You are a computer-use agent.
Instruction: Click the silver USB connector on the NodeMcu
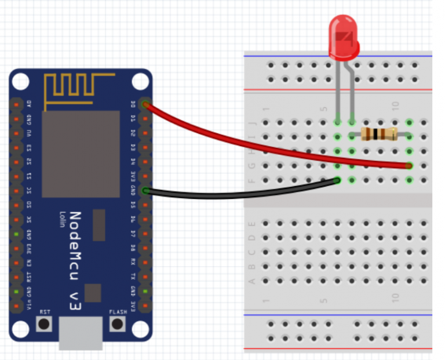[81, 333]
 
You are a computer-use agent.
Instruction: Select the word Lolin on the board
[61, 220]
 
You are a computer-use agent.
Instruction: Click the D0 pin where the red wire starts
[145, 104]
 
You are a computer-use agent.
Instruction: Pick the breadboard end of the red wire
[409, 166]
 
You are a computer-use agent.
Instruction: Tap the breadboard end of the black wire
[338, 180]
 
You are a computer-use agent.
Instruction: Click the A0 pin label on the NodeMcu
[29, 104]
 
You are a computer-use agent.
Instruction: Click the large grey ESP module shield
[81, 153]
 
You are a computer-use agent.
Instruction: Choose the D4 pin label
[134, 162]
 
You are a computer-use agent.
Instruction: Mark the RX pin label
[134, 261]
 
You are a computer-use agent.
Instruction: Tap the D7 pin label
[134, 233]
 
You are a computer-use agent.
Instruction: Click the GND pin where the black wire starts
[145, 190]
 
